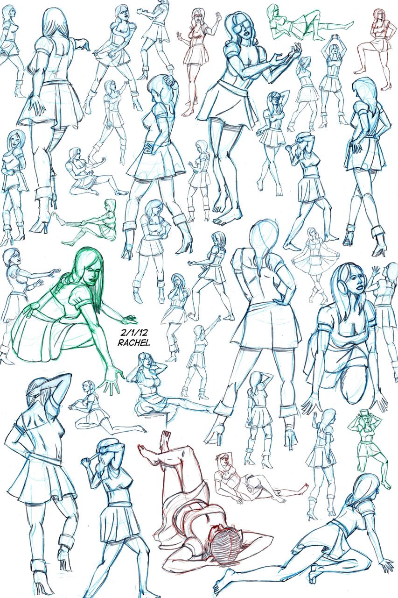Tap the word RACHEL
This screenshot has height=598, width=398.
(x=134, y=343)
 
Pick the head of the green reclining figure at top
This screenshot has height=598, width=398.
(x=274, y=11)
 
